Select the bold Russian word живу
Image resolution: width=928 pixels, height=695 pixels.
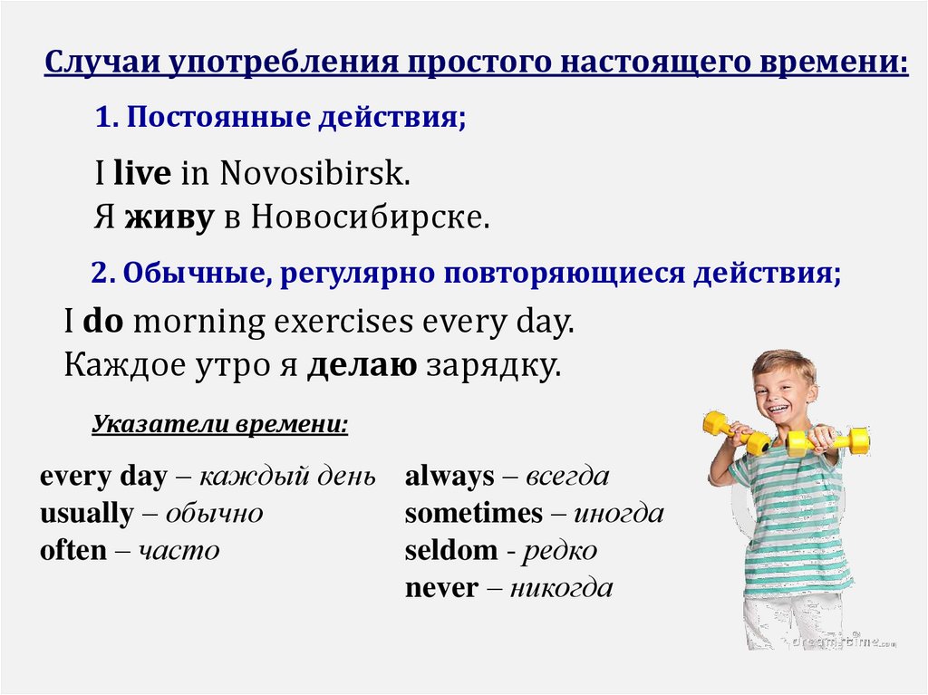(169, 217)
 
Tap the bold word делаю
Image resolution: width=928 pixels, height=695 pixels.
(362, 365)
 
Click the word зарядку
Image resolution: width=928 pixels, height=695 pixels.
(492, 366)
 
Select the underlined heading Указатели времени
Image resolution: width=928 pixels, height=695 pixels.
(220, 424)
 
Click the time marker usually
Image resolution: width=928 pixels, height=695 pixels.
(86, 514)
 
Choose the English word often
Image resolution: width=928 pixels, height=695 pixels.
(72, 550)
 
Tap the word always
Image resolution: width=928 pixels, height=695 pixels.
(449, 477)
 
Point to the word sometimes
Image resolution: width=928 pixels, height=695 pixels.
(473, 514)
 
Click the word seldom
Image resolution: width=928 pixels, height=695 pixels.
(451, 550)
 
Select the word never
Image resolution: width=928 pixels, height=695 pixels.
(441, 588)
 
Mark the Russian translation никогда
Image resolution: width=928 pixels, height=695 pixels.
(561, 588)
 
